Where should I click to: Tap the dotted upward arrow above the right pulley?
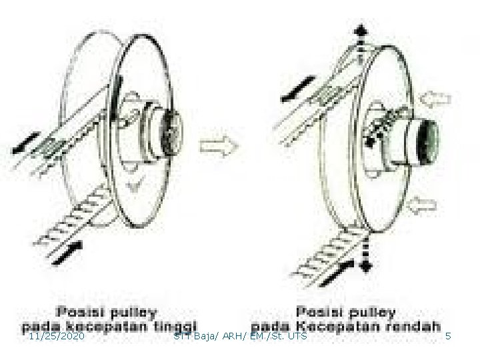point(361,40)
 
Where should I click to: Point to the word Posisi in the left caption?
point(83,311)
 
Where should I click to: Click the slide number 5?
point(448,337)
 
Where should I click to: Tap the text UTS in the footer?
point(297,337)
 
